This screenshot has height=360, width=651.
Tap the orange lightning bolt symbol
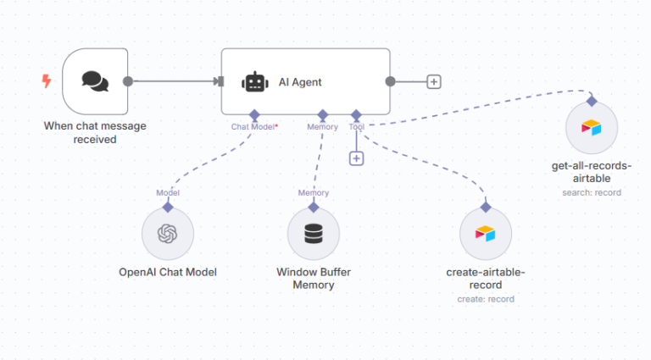coord(47,81)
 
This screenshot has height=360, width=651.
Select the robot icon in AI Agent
coord(254,82)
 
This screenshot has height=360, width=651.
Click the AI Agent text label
coord(300,82)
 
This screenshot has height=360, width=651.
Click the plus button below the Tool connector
coord(356,158)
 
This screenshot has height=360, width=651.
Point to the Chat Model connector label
coord(253,127)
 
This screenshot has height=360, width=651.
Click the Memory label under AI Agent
coord(322,127)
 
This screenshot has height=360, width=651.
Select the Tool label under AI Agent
coord(356,127)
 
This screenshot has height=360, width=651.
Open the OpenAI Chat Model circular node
coord(168,234)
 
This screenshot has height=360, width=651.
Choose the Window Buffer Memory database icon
coord(314,234)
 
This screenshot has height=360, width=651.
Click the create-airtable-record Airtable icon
coord(486,234)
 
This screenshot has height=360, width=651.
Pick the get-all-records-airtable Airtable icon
coord(592,128)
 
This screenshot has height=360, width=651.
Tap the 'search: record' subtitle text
coord(592,192)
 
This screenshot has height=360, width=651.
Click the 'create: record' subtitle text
coord(486,299)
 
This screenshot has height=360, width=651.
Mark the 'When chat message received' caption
coord(95,133)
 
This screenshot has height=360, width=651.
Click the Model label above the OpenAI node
coord(168,192)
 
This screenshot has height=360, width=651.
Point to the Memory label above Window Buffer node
coord(314,192)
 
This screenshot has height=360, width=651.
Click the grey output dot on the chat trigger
coord(128,81)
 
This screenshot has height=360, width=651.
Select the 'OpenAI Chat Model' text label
coord(168,272)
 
